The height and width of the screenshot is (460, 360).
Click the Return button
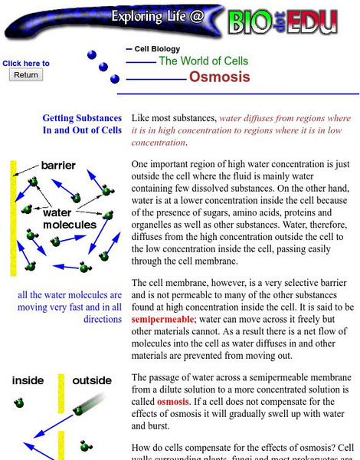[26, 75]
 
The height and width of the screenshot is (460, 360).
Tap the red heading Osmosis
[219, 77]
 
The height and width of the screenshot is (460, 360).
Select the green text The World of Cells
[203, 61]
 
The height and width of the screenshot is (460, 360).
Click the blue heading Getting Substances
[82, 119]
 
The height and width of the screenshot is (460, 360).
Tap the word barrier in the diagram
[57, 165]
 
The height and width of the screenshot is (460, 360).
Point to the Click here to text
[26, 64]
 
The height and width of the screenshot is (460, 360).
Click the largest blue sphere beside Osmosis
[115, 78]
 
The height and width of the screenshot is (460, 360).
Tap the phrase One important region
[173, 164]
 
